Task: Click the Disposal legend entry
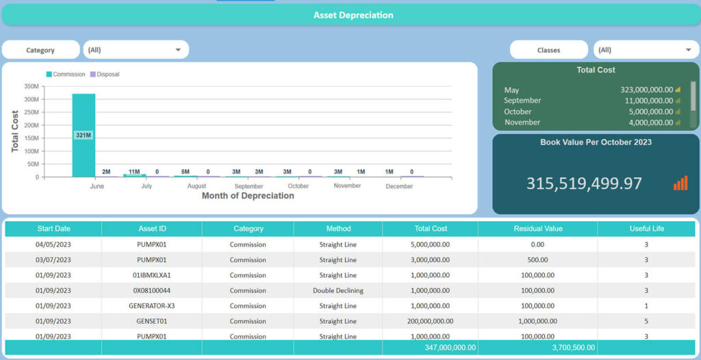coord(107,74)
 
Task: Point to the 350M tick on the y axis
coord(31,86)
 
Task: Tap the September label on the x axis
coord(248,186)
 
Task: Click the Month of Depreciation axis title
coord(248,196)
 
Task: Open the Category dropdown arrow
coord(178,50)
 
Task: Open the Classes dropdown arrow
coord(688,50)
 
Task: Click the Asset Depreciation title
coord(353,15)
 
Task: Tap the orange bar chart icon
coord(680,183)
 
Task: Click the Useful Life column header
coord(646,229)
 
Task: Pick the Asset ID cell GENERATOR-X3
coord(151,306)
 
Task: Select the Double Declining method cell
coord(338,290)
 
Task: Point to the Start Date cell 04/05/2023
coord(53,244)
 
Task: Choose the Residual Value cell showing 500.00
coord(537,260)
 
